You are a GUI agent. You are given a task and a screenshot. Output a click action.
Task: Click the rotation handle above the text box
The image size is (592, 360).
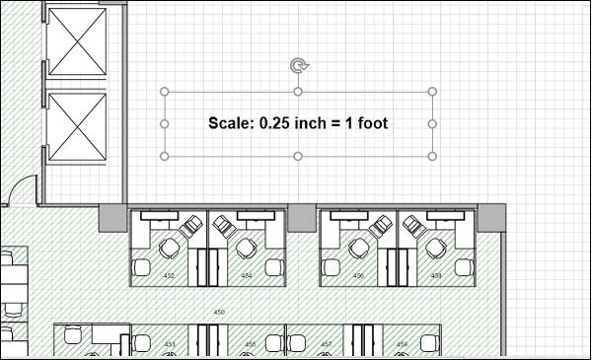click(298, 65)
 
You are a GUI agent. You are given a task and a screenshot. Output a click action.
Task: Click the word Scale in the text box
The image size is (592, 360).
click(230, 124)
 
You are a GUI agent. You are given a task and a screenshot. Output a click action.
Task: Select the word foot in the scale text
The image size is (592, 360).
click(372, 124)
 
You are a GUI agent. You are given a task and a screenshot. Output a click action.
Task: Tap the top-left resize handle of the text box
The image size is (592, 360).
click(165, 93)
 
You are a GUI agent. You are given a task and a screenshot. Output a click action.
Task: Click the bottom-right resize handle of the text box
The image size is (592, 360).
click(432, 156)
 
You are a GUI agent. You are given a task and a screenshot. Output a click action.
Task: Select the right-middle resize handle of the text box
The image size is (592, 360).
click(432, 124)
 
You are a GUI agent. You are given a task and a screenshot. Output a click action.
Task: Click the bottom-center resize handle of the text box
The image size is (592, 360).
click(298, 156)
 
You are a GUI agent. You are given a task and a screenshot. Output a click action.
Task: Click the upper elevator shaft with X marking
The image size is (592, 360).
click(77, 41)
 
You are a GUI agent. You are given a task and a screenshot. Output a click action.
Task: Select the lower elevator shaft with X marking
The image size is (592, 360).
click(77, 126)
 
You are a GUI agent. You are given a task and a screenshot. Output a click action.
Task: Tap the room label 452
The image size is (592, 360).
click(169, 276)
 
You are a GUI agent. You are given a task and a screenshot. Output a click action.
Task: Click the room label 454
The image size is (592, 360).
click(247, 276)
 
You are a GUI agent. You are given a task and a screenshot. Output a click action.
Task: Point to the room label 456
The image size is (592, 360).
click(358, 276)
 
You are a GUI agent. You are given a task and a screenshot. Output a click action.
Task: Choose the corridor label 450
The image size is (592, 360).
click(219, 312)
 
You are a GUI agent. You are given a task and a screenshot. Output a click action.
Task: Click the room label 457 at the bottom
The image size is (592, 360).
click(326, 344)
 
